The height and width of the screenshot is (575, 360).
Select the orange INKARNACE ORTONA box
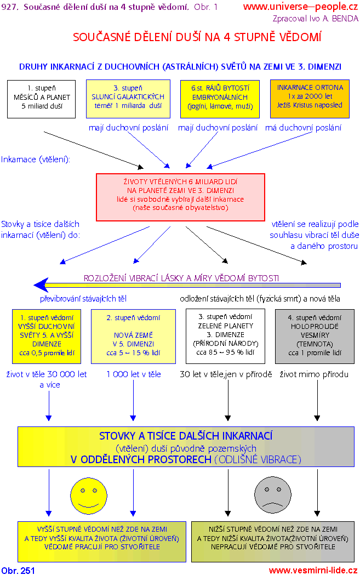pos(310,99)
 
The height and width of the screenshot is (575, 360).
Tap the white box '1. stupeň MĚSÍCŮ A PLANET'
pos(42,99)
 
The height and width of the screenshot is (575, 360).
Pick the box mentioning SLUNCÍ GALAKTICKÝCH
pos(128,99)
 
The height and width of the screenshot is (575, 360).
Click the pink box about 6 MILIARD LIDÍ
pos(180,194)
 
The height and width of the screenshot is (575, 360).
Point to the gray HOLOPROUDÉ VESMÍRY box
pos(315,336)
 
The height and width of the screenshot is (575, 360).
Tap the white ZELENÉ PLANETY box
pos(225,336)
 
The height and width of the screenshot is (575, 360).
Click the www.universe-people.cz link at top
pos(300,7)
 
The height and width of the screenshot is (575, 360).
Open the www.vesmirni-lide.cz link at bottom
pos(312,570)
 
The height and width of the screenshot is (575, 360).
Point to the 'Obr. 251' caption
pos(18,570)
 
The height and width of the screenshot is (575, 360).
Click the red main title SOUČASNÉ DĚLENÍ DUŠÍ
pos(197,37)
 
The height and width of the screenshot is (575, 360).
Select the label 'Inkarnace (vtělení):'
pos(36,160)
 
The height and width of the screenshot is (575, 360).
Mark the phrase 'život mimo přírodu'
pos(314,374)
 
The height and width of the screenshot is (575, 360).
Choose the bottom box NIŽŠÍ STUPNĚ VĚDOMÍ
pos(272,538)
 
